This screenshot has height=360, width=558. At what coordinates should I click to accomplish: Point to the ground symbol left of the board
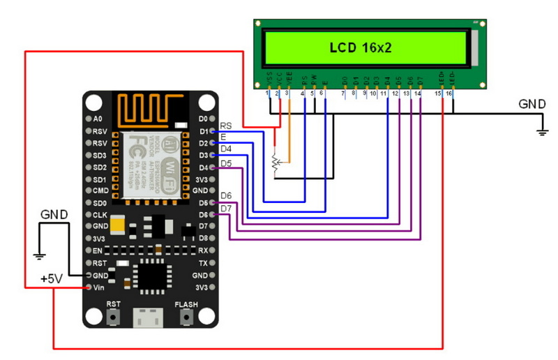click(40, 255)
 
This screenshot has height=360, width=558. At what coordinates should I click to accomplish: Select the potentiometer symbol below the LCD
click(276, 162)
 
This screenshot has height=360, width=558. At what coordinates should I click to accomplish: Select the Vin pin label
click(100, 287)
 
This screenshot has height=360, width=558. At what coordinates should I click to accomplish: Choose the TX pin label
click(202, 263)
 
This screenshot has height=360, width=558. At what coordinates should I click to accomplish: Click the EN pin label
click(98, 250)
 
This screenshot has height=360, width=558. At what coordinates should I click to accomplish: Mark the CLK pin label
click(100, 215)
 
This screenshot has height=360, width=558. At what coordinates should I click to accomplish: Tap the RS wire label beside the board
click(226, 126)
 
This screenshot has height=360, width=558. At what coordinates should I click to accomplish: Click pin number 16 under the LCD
click(450, 93)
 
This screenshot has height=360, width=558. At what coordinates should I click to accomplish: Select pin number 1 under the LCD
click(269, 93)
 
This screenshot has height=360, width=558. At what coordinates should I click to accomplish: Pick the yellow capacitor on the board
click(119, 225)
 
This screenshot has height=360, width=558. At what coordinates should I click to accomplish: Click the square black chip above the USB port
click(149, 273)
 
